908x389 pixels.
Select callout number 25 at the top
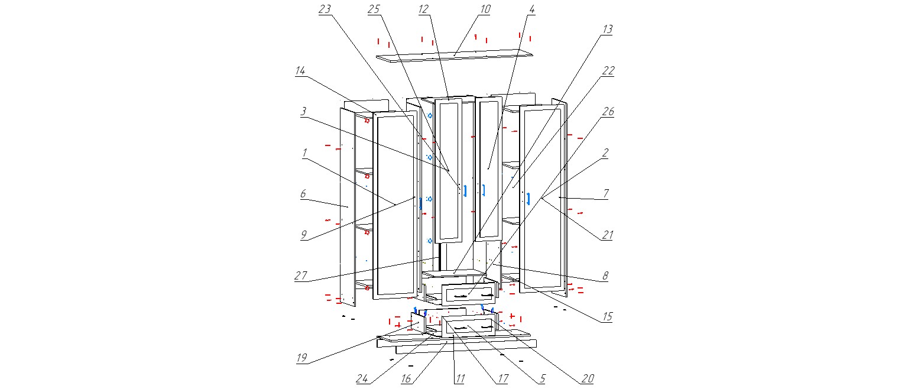(373, 9)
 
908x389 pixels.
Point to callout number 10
(485, 9)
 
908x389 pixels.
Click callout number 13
(607, 29)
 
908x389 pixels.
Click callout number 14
(300, 70)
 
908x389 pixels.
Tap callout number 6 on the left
(303, 193)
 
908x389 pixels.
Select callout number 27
(300, 276)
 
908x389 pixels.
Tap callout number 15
(607, 317)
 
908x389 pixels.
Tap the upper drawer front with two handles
(468, 293)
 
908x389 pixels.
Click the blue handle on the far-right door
(528, 199)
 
